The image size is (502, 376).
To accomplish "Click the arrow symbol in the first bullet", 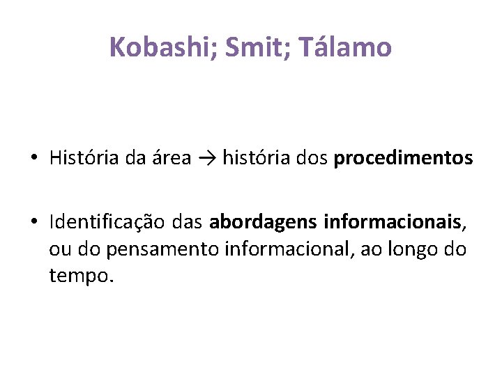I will coord(206,159).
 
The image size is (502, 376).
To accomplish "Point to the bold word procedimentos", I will coord(403,159).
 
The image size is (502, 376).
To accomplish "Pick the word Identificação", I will coord(105,223).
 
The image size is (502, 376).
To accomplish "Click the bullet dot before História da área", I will coord(33,159).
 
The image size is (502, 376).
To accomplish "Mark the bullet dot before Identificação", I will coord(33,223).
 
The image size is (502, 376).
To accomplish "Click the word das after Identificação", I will coord(185,223).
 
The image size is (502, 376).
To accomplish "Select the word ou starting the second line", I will coord(59,250).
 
